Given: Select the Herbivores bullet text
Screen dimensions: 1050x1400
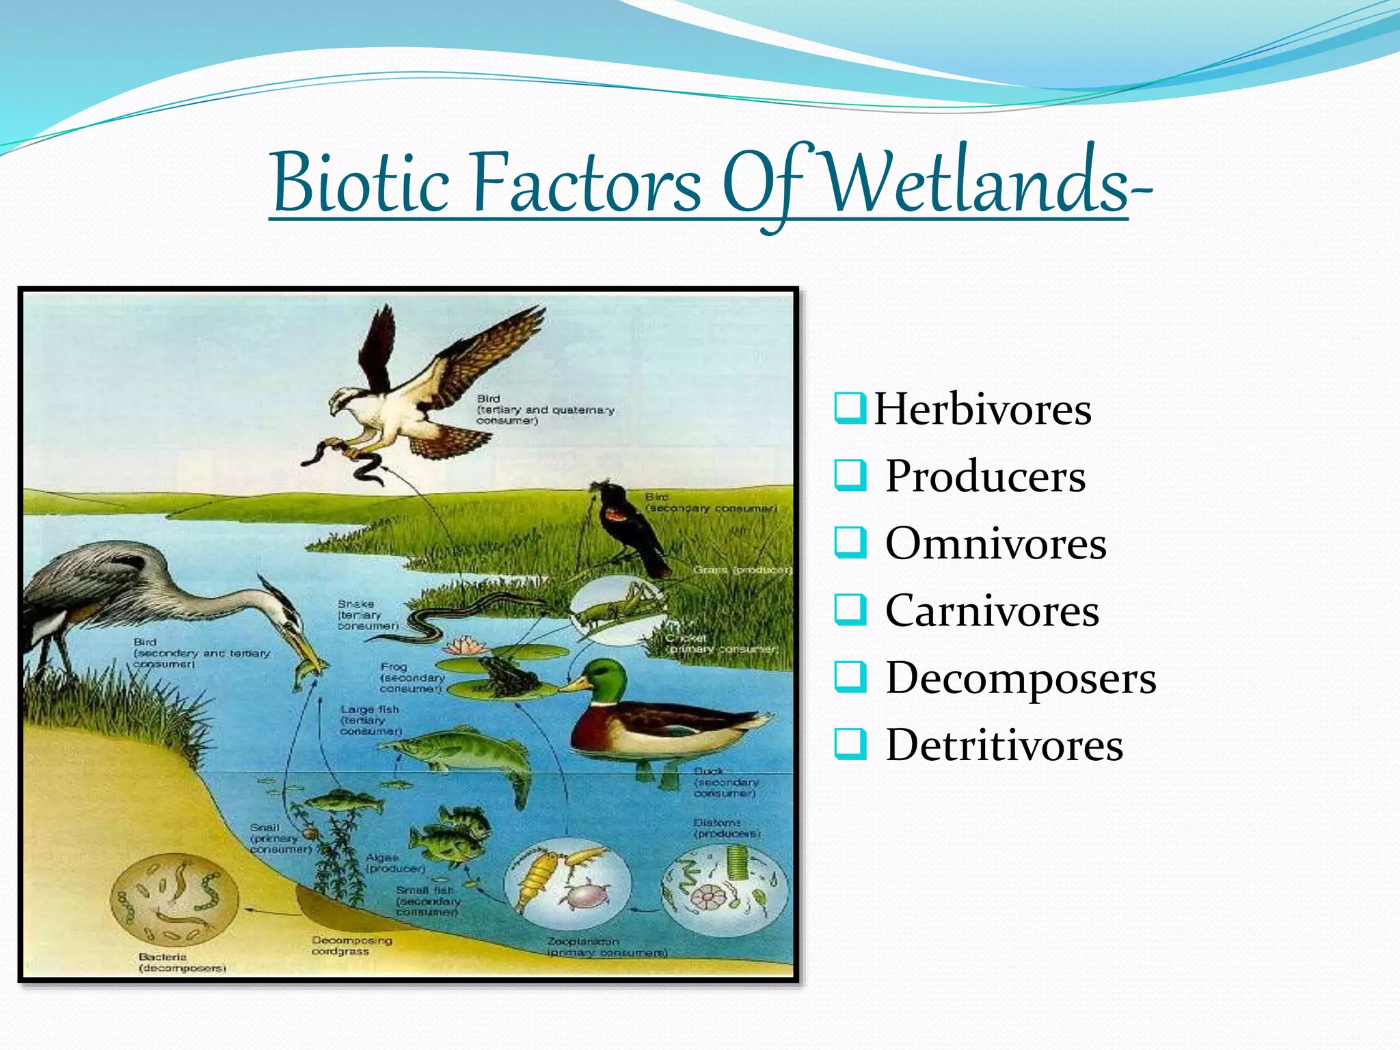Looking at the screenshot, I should tap(982, 409).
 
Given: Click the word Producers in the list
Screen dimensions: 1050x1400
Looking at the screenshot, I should tap(985, 476).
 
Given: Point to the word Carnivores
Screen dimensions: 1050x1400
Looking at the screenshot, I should tap(992, 610).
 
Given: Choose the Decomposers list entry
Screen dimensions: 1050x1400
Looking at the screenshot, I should tap(1021, 677).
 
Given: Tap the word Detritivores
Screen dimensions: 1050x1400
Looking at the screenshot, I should tap(1004, 744).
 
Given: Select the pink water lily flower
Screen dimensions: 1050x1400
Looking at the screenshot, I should tap(463, 645).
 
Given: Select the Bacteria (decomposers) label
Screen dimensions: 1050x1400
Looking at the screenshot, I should tap(182, 962).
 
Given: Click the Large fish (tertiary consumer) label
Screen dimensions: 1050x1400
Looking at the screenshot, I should tap(371, 721).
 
